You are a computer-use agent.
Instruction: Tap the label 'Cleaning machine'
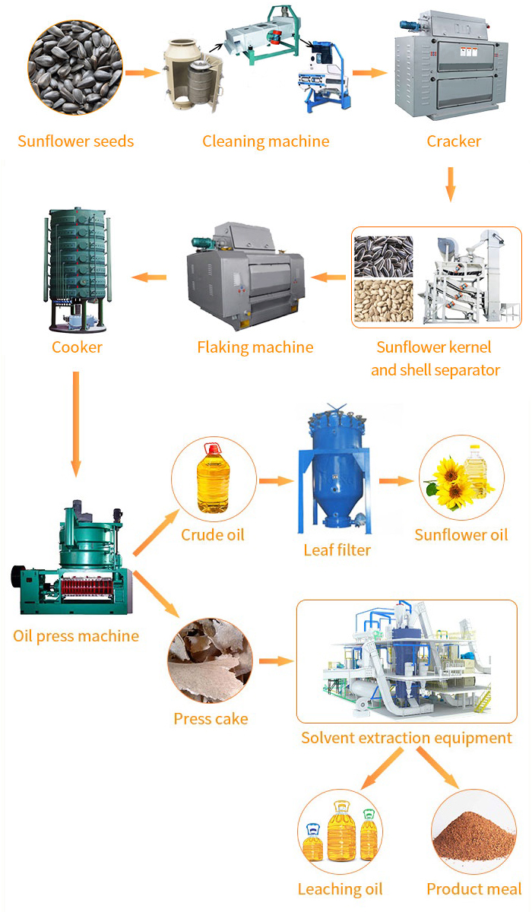[265, 141]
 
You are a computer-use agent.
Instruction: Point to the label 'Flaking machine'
[255, 347]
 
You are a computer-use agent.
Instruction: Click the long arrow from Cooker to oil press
[76, 422]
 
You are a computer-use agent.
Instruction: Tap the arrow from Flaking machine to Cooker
[149, 277]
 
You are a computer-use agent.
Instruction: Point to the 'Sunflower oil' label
[461, 535]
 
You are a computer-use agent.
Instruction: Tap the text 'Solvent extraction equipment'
[406, 738]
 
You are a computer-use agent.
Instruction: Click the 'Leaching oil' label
[340, 889]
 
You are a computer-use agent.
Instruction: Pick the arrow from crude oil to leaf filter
[275, 481]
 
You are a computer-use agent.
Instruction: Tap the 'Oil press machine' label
[76, 635]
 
